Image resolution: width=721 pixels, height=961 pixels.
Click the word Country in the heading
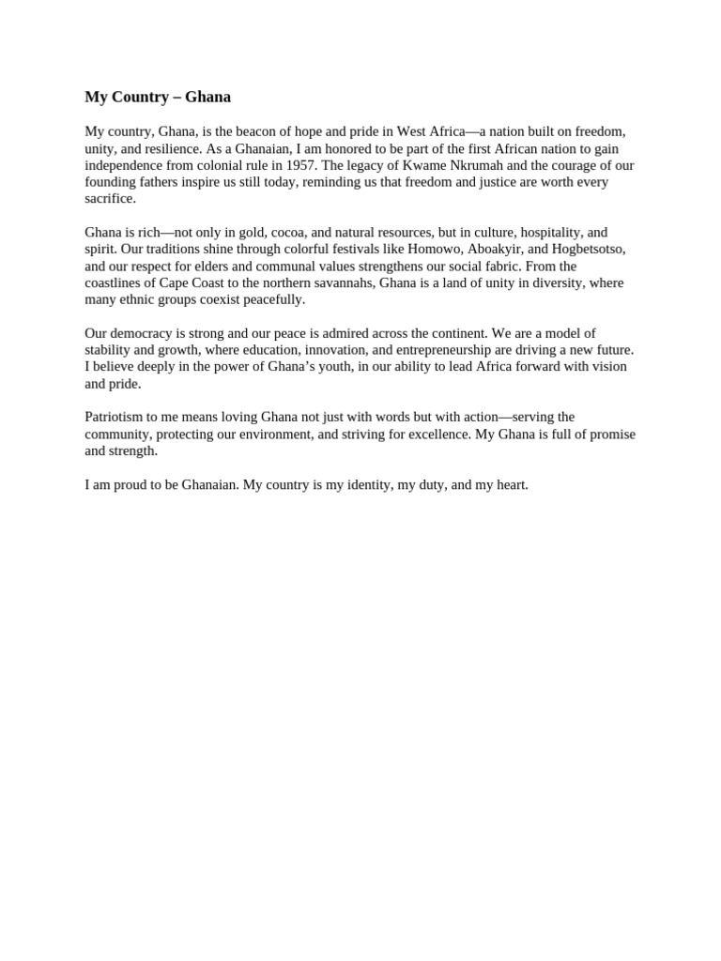coord(142,97)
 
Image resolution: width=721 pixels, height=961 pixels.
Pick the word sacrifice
coord(110,199)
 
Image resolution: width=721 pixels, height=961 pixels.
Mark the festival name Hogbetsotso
coord(588,249)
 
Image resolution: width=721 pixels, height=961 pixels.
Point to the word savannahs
coord(343,282)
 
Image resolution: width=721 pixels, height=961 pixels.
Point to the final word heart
coord(511,484)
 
